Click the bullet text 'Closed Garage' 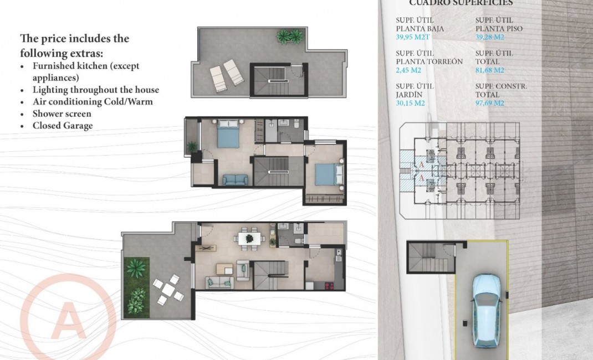(x=62, y=126)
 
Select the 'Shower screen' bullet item (x=62, y=114)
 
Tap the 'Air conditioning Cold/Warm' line (x=92, y=102)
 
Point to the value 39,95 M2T (x=412, y=37)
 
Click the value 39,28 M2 (x=490, y=37)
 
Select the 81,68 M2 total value (x=490, y=70)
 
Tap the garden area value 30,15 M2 (x=411, y=103)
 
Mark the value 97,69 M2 (x=490, y=103)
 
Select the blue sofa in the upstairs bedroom (x=236, y=179)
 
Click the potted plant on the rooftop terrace (x=290, y=37)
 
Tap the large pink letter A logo (x=68, y=320)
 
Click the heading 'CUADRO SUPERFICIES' (x=461, y=3)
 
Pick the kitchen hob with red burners (x=328, y=286)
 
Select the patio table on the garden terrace (x=168, y=289)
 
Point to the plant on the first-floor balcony (x=192, y=147)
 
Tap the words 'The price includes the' (x=74, y=39)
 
